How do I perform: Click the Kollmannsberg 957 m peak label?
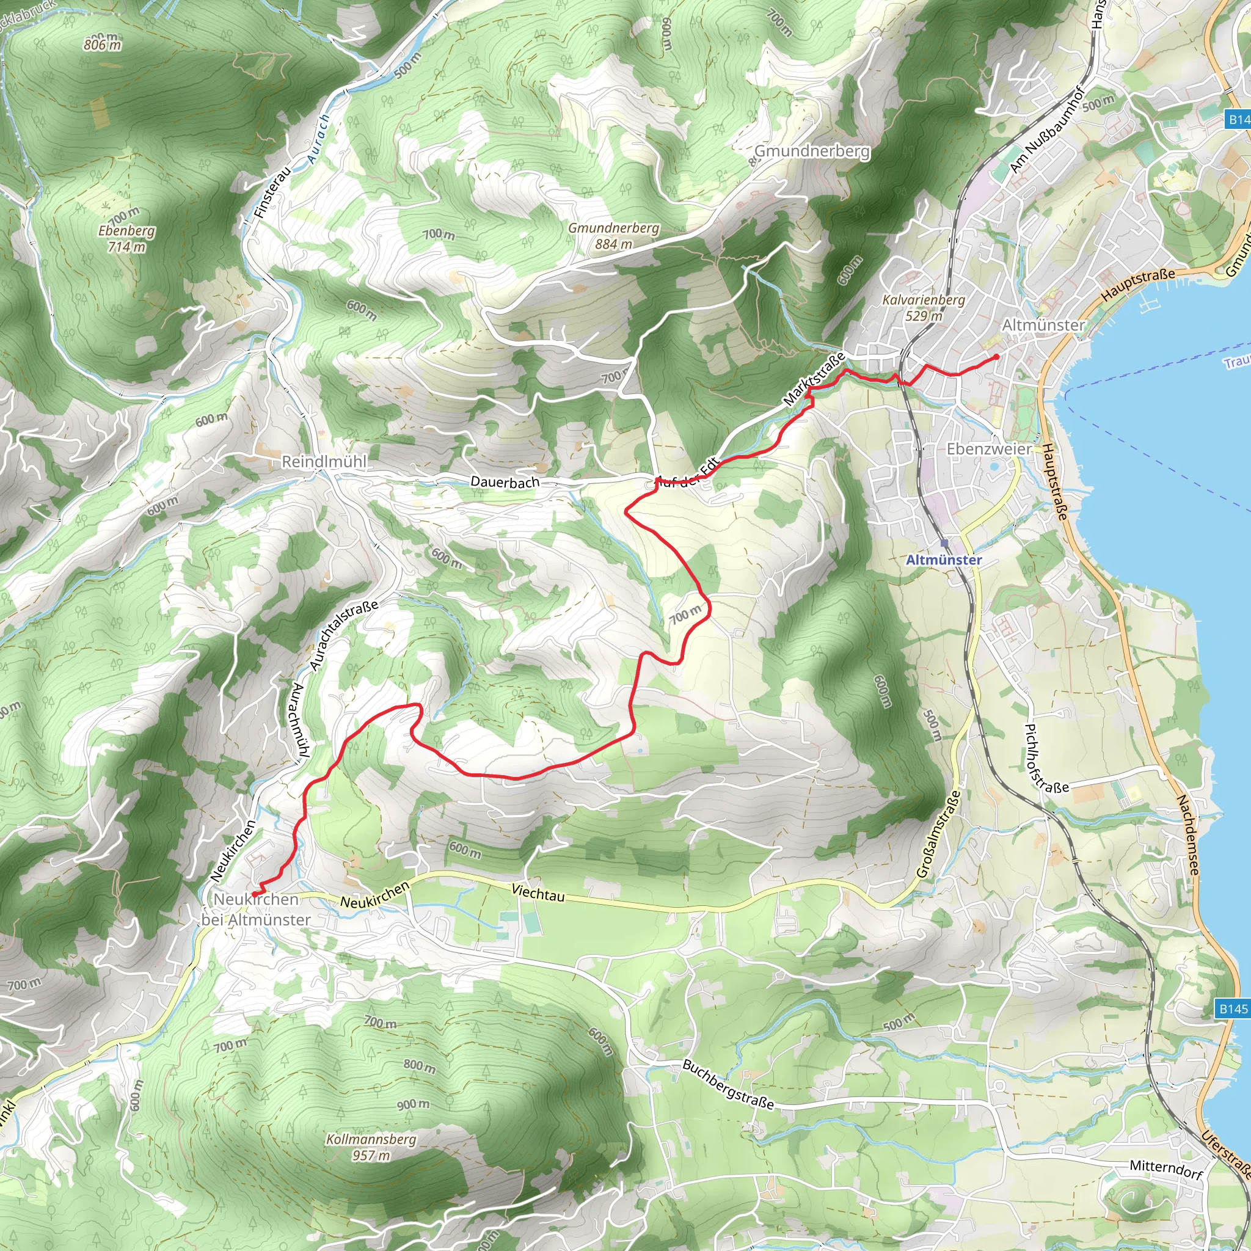371,1147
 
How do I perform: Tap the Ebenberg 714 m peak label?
126,238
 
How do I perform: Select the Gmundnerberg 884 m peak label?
613,236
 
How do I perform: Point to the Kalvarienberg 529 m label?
924,308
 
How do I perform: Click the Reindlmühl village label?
324,462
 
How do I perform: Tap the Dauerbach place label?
505,482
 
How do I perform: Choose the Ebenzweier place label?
989,449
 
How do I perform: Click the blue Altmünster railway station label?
943,560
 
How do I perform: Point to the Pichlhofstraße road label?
1045,758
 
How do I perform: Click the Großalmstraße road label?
938,834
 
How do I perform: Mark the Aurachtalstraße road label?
343,635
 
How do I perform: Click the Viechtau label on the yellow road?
538,893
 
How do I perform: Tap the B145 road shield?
1232,1008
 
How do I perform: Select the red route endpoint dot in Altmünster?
996,357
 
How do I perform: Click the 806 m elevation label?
102,45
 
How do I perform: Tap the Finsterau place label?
272,192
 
